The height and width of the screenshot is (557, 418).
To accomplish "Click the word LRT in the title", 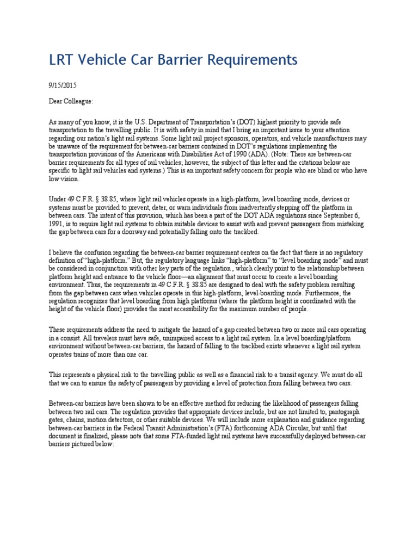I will (x=63, y=59).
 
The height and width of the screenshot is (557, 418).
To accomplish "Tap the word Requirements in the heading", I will (x=250, y=59).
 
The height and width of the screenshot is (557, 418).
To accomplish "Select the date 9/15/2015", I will (x=62, y=85).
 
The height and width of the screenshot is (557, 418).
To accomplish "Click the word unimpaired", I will (x=159, y=338).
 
